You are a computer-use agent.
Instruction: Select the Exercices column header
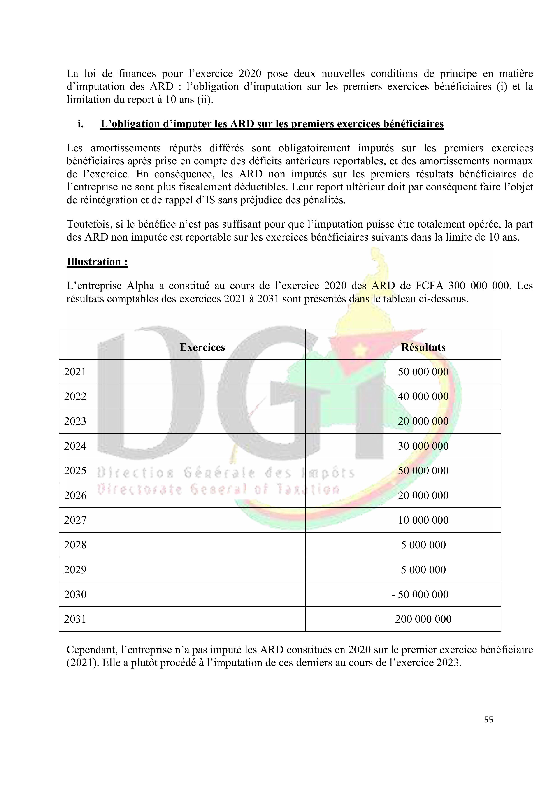point(202,347)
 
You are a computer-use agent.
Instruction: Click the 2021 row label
point(75,372)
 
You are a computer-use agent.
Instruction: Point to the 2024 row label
point(75,446)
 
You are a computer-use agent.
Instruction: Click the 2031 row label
point(75,619)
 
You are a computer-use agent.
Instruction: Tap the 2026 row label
point(75,495)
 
